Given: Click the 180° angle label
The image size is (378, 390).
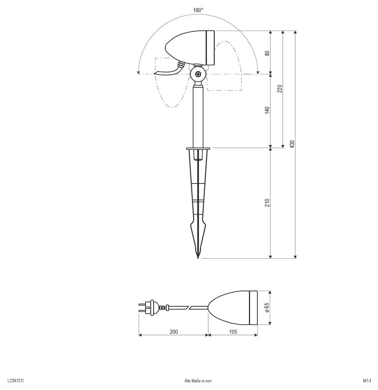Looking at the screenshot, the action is [x=198, y=10].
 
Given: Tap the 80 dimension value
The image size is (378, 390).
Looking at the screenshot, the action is [x=267, y=53].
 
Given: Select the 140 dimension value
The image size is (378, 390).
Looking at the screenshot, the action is [x=267, y=110].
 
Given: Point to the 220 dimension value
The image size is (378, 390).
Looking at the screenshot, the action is [x=280, y=89].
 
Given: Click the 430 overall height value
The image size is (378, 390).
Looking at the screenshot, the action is [x=292, y=144].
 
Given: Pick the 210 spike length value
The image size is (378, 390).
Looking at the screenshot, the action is [x=267, y=203].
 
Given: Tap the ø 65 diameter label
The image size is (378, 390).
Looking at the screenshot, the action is [x=267, y=308].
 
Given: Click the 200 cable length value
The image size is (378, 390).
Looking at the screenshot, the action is [x=174, y=332].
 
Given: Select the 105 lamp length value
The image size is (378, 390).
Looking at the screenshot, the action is [x=233, y=332].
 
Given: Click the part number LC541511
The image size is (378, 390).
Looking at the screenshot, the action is [x=16, y=380].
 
